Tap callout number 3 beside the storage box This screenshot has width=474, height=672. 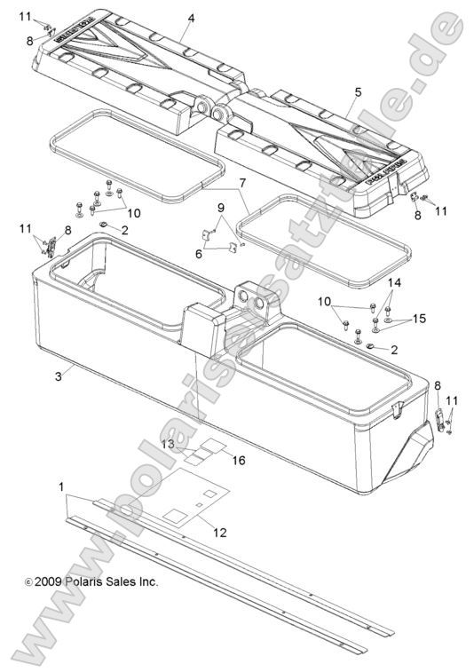58,377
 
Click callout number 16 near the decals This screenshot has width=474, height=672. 238,459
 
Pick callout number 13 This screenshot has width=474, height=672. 167,443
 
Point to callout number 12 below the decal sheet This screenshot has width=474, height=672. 219,532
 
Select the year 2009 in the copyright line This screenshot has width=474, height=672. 48,582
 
